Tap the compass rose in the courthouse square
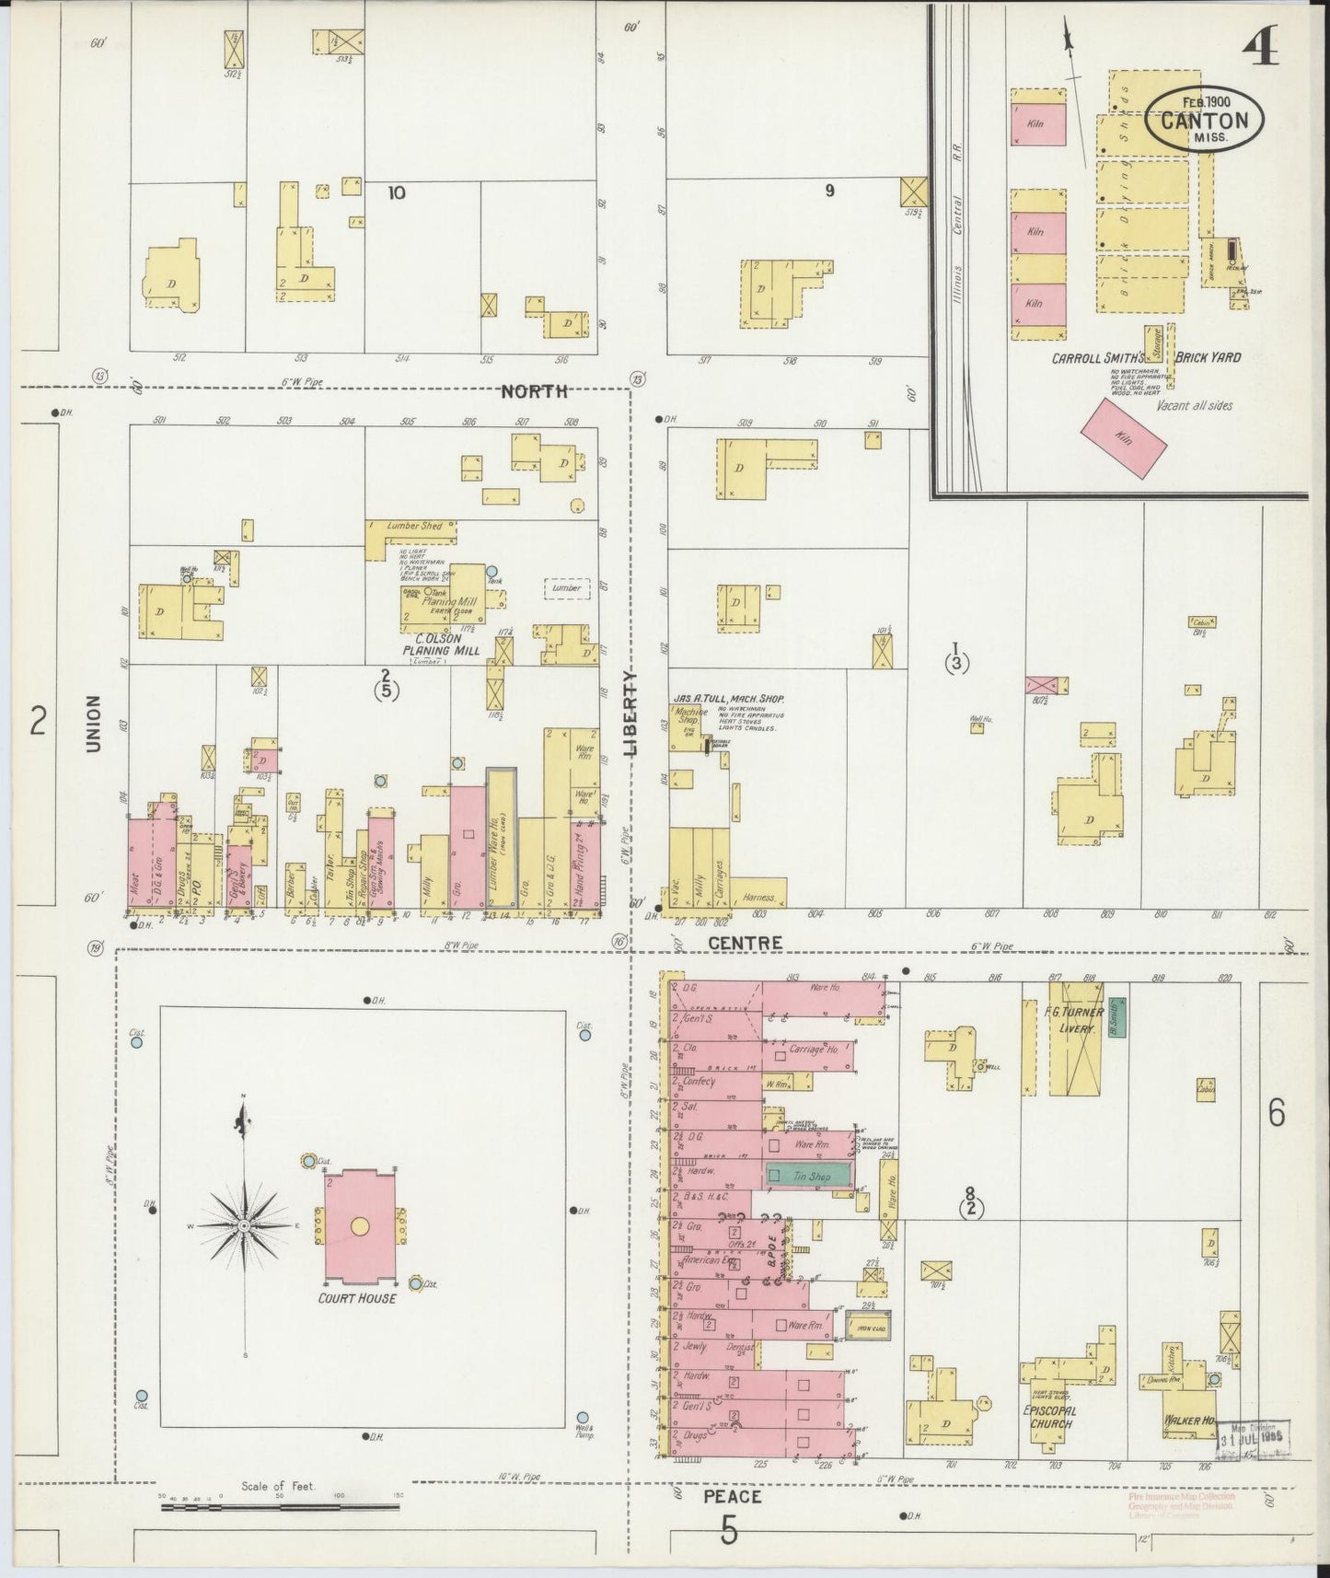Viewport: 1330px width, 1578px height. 244,1226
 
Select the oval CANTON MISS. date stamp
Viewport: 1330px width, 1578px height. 1204,121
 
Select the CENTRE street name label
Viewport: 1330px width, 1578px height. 745,943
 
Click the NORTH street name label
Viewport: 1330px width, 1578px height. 533,391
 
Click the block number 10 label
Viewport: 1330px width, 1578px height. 397,192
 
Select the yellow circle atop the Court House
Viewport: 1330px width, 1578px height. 359,1226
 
